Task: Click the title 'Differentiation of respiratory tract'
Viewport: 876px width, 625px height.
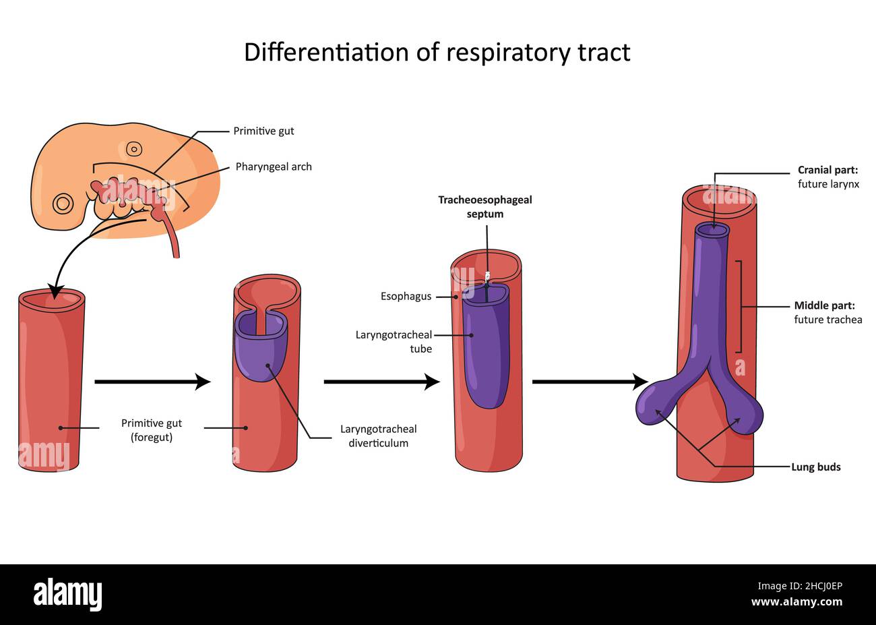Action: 437,53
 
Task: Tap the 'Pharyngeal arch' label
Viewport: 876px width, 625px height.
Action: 274,167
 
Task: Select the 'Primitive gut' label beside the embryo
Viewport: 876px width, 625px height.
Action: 263,131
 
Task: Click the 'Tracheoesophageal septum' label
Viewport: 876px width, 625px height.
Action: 485,207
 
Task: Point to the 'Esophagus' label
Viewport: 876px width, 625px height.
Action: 406,296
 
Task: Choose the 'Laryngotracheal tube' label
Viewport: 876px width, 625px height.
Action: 394,341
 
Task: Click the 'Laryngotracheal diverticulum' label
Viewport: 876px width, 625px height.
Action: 378,436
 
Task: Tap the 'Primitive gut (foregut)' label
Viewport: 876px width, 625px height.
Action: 152,429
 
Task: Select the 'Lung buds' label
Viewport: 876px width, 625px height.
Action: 815,467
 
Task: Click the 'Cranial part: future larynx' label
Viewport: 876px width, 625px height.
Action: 828,177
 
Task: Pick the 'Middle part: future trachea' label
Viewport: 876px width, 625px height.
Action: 827,312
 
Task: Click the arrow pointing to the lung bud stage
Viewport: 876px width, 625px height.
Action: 590,382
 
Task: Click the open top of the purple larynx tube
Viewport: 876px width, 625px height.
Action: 712,230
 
